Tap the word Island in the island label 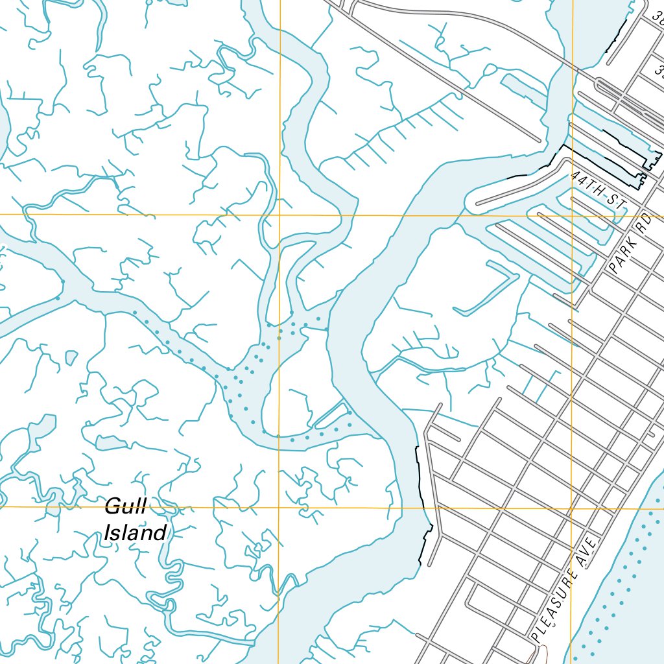point(135,533)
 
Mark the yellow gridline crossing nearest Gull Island point(279,507)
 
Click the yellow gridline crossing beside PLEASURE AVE point(571,508)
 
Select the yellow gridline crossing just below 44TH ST point(571,215)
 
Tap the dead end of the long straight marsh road point(539,139)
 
